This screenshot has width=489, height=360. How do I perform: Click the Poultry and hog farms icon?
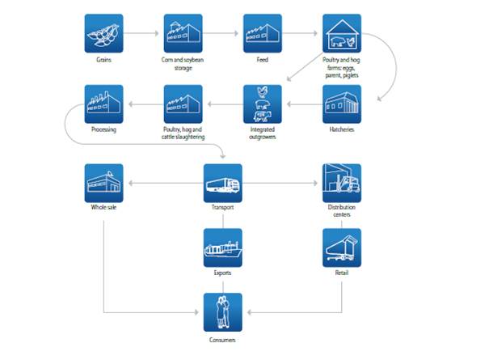342,34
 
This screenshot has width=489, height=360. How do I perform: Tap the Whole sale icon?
104,184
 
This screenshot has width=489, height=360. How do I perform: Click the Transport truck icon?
223,184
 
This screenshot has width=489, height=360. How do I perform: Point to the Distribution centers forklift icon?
342,184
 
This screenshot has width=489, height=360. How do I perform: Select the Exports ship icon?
223,248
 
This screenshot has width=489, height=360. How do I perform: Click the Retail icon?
342,248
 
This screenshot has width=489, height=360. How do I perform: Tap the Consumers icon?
223,312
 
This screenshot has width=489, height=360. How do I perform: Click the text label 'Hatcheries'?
342,130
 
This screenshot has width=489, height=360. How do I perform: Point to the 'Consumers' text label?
223,339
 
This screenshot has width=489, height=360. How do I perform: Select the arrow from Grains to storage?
144,34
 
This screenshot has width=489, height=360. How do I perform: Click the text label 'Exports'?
223,273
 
